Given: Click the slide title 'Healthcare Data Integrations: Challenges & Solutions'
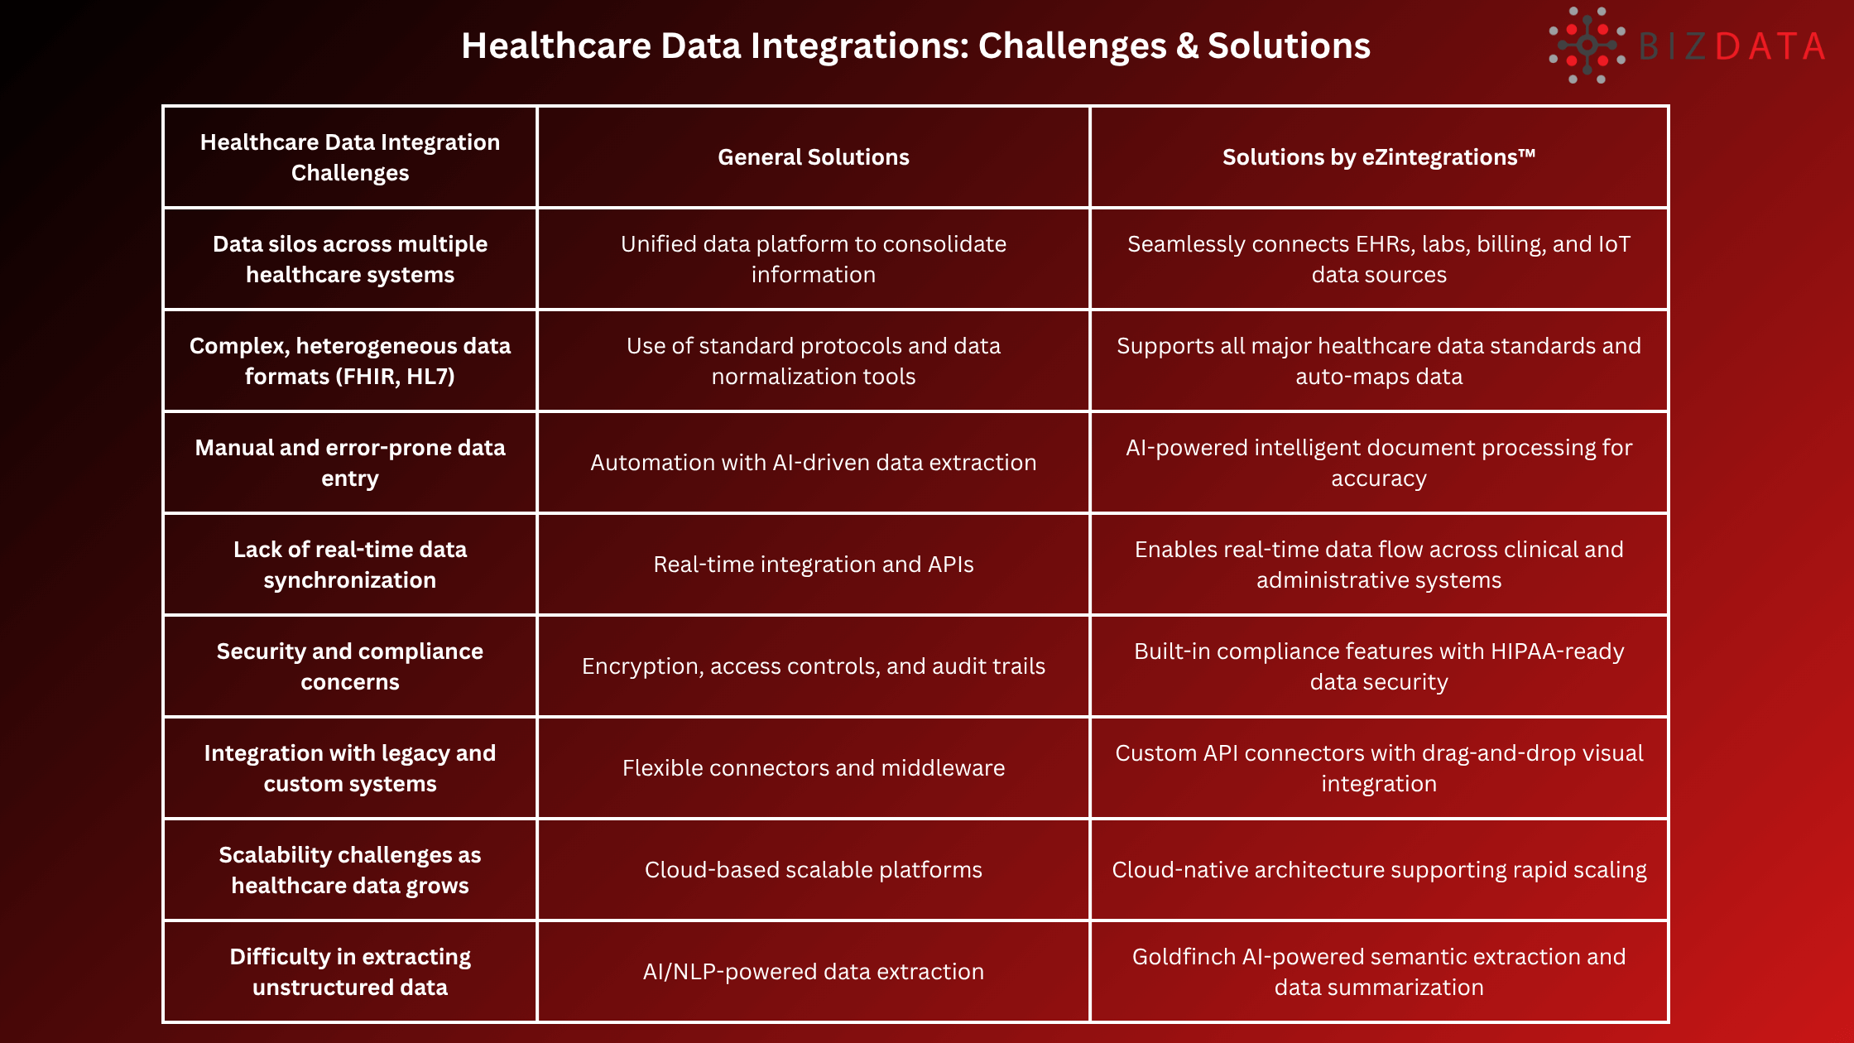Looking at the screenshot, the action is point(915,46).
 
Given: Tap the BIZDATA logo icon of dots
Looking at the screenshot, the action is point(1587,46).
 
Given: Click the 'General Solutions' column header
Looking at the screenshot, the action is point(814,157).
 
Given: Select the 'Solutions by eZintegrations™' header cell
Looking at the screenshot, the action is point(1379,157).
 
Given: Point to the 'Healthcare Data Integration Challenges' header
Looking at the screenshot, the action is point(350,157).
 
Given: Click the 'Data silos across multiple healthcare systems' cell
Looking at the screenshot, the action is point(350,259).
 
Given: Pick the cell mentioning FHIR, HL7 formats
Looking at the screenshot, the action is point(350,361).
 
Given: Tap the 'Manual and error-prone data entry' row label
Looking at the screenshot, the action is point(350,463).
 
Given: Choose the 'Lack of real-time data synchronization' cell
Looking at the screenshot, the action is point(350,565).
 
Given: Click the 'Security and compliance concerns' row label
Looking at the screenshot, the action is point(350,666).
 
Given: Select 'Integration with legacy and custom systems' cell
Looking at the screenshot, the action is point(350,768).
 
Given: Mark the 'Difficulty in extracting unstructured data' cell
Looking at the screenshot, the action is point(350,972).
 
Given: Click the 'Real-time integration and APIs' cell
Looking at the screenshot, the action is point(814,565).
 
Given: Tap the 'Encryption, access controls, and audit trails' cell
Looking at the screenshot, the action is point(814,666).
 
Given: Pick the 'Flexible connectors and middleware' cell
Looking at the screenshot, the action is point(814,768).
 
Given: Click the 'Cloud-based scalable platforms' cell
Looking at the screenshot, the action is point(814,870).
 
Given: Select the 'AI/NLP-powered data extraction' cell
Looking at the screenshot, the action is point(814,972).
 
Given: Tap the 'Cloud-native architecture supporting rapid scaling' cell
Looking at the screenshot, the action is point(1379,870).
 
